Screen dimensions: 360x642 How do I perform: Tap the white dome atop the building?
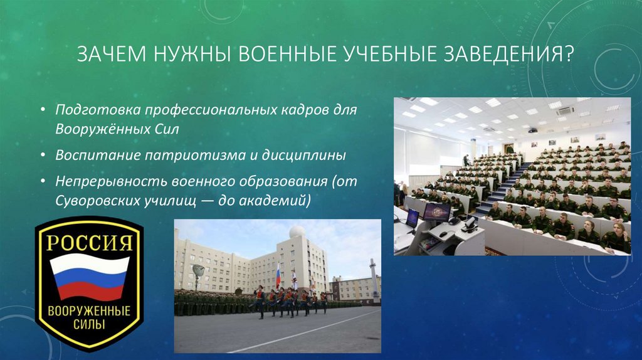point(297,232)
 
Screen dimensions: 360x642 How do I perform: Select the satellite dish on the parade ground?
point(198,271)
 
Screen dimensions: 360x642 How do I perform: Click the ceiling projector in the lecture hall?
point(532,130)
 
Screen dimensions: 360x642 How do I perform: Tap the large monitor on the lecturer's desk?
point(436,211)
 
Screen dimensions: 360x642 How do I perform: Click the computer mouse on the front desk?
point(444,234)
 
